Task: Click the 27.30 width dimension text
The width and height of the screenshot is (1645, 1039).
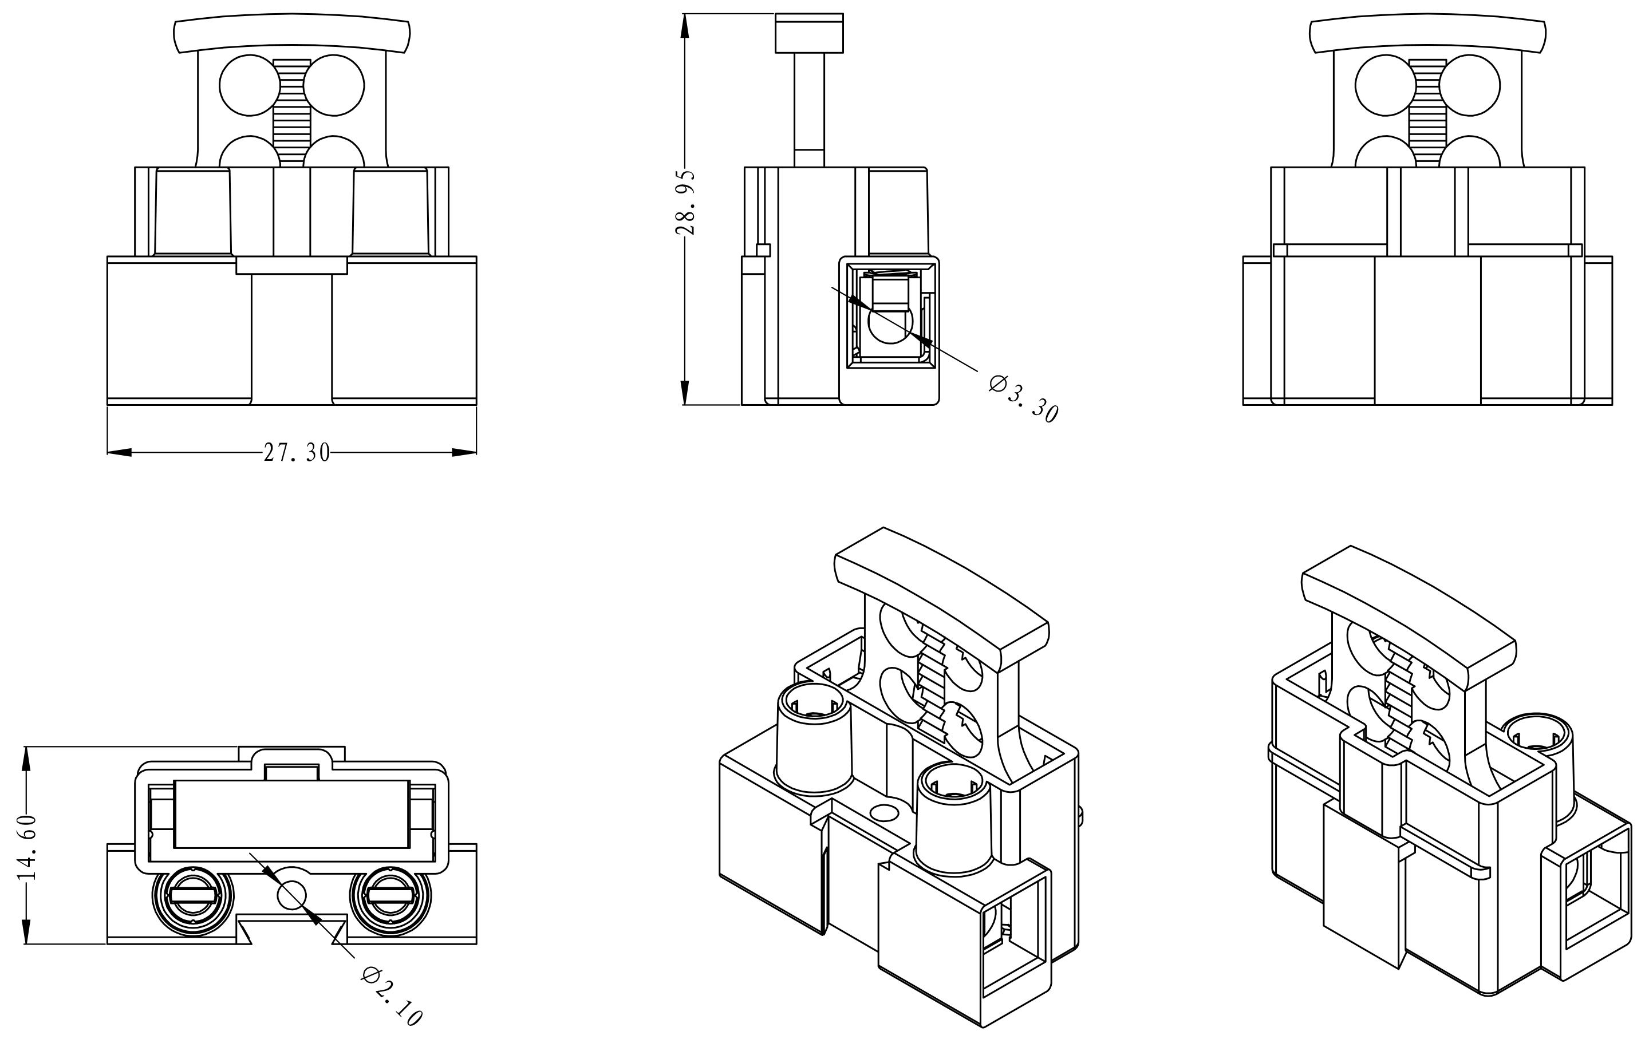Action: [x=297, y=452]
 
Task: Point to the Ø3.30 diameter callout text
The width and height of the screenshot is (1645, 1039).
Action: [x=1023, y=399]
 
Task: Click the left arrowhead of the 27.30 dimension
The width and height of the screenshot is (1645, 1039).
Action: [x=120, y=452]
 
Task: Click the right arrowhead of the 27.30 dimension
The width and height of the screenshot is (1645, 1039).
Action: [x=464, y=452]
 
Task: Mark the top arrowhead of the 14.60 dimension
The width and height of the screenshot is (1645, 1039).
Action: [x=27, y=759]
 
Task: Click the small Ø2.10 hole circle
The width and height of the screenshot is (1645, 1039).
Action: [x=291, y=895]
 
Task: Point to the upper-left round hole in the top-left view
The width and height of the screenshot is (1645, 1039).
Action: [x=250, y=85]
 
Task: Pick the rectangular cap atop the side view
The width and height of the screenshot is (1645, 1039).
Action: [x=810, y=33]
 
